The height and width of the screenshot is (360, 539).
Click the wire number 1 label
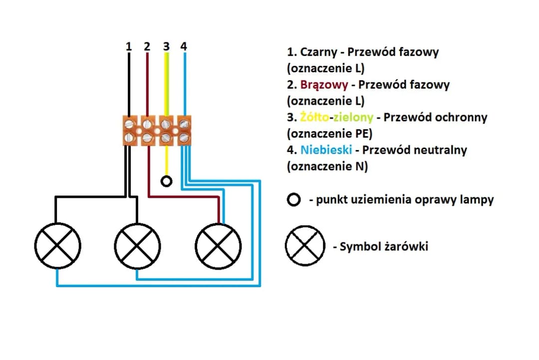click(x=129, y=46)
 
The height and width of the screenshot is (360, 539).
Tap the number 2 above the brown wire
click(x=147, y=46)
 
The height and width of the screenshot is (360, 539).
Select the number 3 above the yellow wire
click(x=166, y=46)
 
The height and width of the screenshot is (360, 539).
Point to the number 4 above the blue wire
click(x=184, y=46)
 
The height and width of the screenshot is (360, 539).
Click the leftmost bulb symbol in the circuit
click(x=57, y=245)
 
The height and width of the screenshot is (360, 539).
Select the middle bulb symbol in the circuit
click(x=137, y=245)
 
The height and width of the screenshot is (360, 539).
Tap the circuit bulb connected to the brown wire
click(x=218, y=245)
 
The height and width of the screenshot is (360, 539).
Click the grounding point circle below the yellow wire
click(x=167, y=181)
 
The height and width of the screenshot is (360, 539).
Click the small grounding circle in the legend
click(x=294, y=200)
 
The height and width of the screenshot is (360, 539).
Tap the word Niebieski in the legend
click(x=326, y=150)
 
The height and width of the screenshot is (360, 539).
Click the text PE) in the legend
click(x=363, y=134)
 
